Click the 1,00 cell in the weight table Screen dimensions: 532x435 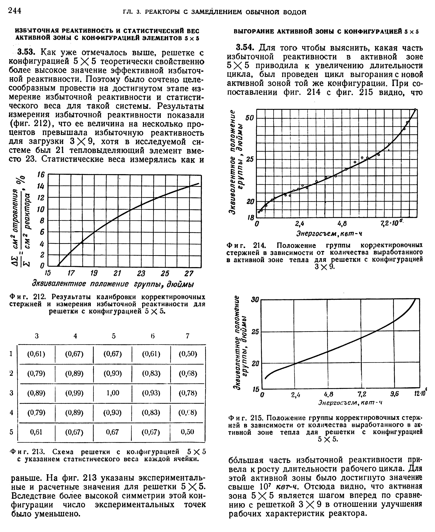coord(113,393)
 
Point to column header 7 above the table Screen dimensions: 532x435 coord(187,336)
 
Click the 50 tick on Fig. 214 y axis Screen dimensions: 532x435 coord(250,118)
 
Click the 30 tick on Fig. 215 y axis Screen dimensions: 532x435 coord(255,300)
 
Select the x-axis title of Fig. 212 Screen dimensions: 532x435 coord(113,284)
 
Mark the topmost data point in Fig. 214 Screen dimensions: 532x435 coord(415,109)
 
